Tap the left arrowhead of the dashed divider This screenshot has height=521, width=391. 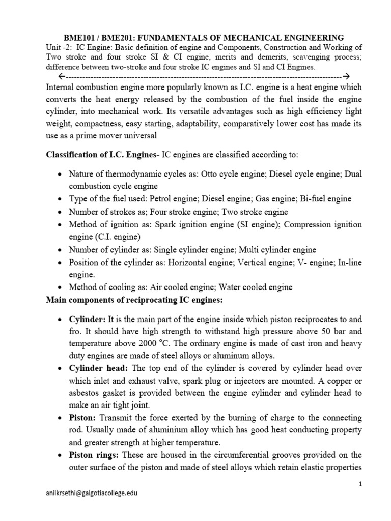point(61,77)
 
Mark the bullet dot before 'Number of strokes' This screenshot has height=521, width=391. point(61,212)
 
